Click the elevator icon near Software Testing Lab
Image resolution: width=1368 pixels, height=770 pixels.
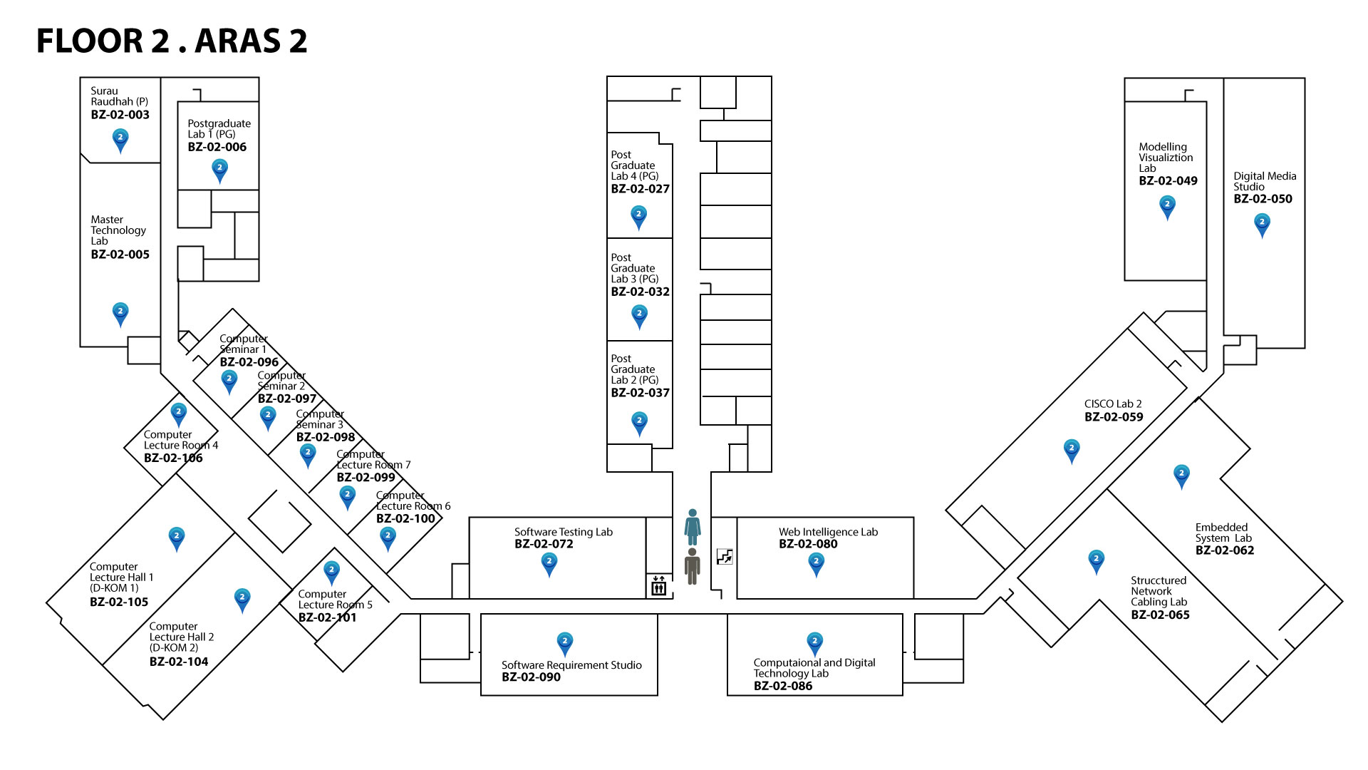coord(658,586)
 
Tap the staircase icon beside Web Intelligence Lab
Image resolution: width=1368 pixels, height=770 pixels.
coord(725,556)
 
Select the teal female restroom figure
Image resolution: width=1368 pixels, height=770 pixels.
coord(692,527)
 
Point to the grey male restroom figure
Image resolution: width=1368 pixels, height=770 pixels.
coord(692,566)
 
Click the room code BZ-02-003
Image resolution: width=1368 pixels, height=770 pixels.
coord(120,115)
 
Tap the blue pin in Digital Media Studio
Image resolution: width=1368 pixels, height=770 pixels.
coord(1262,225)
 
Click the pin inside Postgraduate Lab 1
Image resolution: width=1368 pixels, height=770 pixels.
coord(219,170)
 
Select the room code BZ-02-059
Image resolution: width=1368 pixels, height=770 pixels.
coord(1113,417)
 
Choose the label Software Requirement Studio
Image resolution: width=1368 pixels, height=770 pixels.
coord(571,665)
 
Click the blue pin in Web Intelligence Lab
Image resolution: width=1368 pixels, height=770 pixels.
coord(816,563)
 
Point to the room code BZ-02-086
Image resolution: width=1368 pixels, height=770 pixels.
coord(782,686)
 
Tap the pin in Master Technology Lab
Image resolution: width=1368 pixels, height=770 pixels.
coord(120,313)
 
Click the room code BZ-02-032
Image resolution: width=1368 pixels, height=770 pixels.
coord(640,292)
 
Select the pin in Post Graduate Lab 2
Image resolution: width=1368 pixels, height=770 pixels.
coord(639,423)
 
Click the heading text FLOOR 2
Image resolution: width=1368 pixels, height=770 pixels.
coord(103,41)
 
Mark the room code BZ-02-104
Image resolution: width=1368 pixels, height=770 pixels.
coord(178,662)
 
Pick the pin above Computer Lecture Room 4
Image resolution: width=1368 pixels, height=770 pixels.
coord(178,414)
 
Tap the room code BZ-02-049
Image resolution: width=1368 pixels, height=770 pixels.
coord(1168,181)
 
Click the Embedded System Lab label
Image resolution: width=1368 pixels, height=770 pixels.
coord(1223,533)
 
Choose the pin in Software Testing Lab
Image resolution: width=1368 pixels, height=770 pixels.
coord(549,563)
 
